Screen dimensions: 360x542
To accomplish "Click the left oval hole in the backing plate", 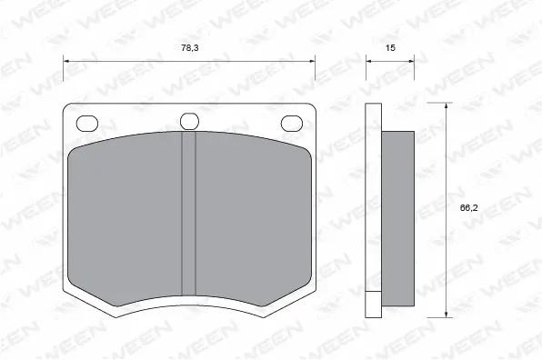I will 87,122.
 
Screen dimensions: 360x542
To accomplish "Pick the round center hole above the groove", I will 189,121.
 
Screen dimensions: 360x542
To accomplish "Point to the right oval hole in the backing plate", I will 292,122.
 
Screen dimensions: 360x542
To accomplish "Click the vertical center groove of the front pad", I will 189,215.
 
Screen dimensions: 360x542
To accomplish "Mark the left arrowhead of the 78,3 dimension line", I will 66,60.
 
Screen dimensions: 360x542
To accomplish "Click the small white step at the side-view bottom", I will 373,303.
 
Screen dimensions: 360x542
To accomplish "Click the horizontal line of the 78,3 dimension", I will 136,60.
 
